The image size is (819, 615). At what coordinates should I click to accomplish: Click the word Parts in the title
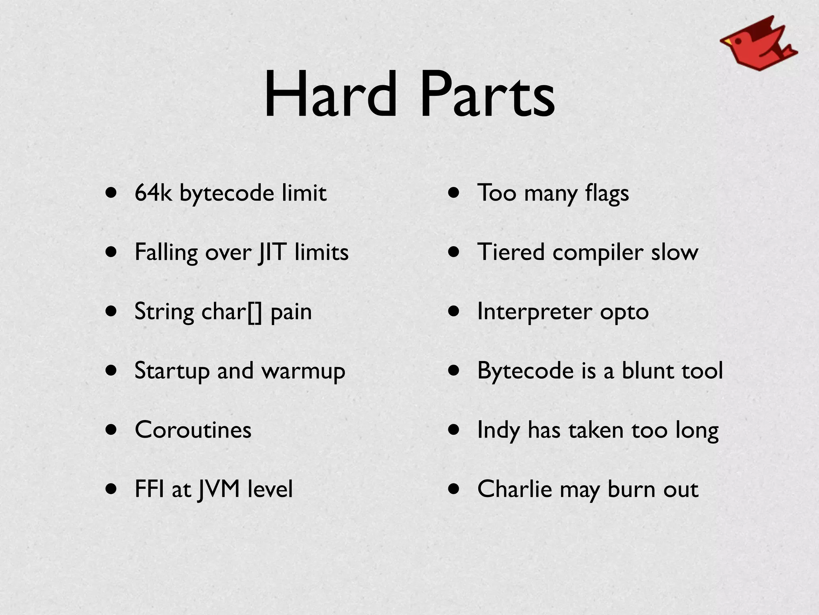487,94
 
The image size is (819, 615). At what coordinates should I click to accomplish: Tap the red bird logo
758,44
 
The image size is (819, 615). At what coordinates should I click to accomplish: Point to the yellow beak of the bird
725,41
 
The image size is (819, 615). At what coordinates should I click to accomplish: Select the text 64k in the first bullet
153,193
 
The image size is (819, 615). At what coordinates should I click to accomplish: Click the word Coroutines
193,430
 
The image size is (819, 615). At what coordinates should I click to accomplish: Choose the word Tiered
511,252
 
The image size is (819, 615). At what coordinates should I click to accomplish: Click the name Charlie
514,489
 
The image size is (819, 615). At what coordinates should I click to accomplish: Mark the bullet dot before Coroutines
112,430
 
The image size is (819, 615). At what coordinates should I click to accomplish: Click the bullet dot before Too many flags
454,193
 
